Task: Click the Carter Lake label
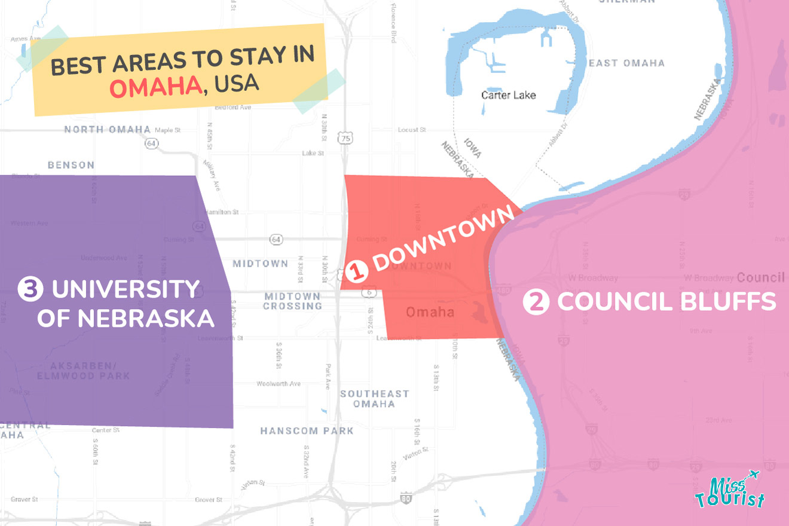pyautogui.click(x=508, y=95)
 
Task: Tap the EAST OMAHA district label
pyautogui.click(x=626, y=63)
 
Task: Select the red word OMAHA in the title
pyautogui.click(x=155, y=87)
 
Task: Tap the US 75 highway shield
pyautogui.click(x=345, y=139)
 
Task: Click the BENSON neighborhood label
pyautogui.click(x=71, y=165)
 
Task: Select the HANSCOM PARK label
pyautogui.click(x=307, y=430)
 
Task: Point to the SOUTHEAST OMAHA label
pyautogui.click(x=374, y=399)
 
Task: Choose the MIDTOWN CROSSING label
pyautogui.click(x=292, y=301)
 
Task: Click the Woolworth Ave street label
pyautogui.click(x=279, y=384)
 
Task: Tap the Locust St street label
pyautogui.click(x=411, y=130)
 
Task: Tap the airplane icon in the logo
pyautogui.click(x=753, y=475)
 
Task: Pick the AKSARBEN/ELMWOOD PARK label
pyautogui.click(x=84, y=371)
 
